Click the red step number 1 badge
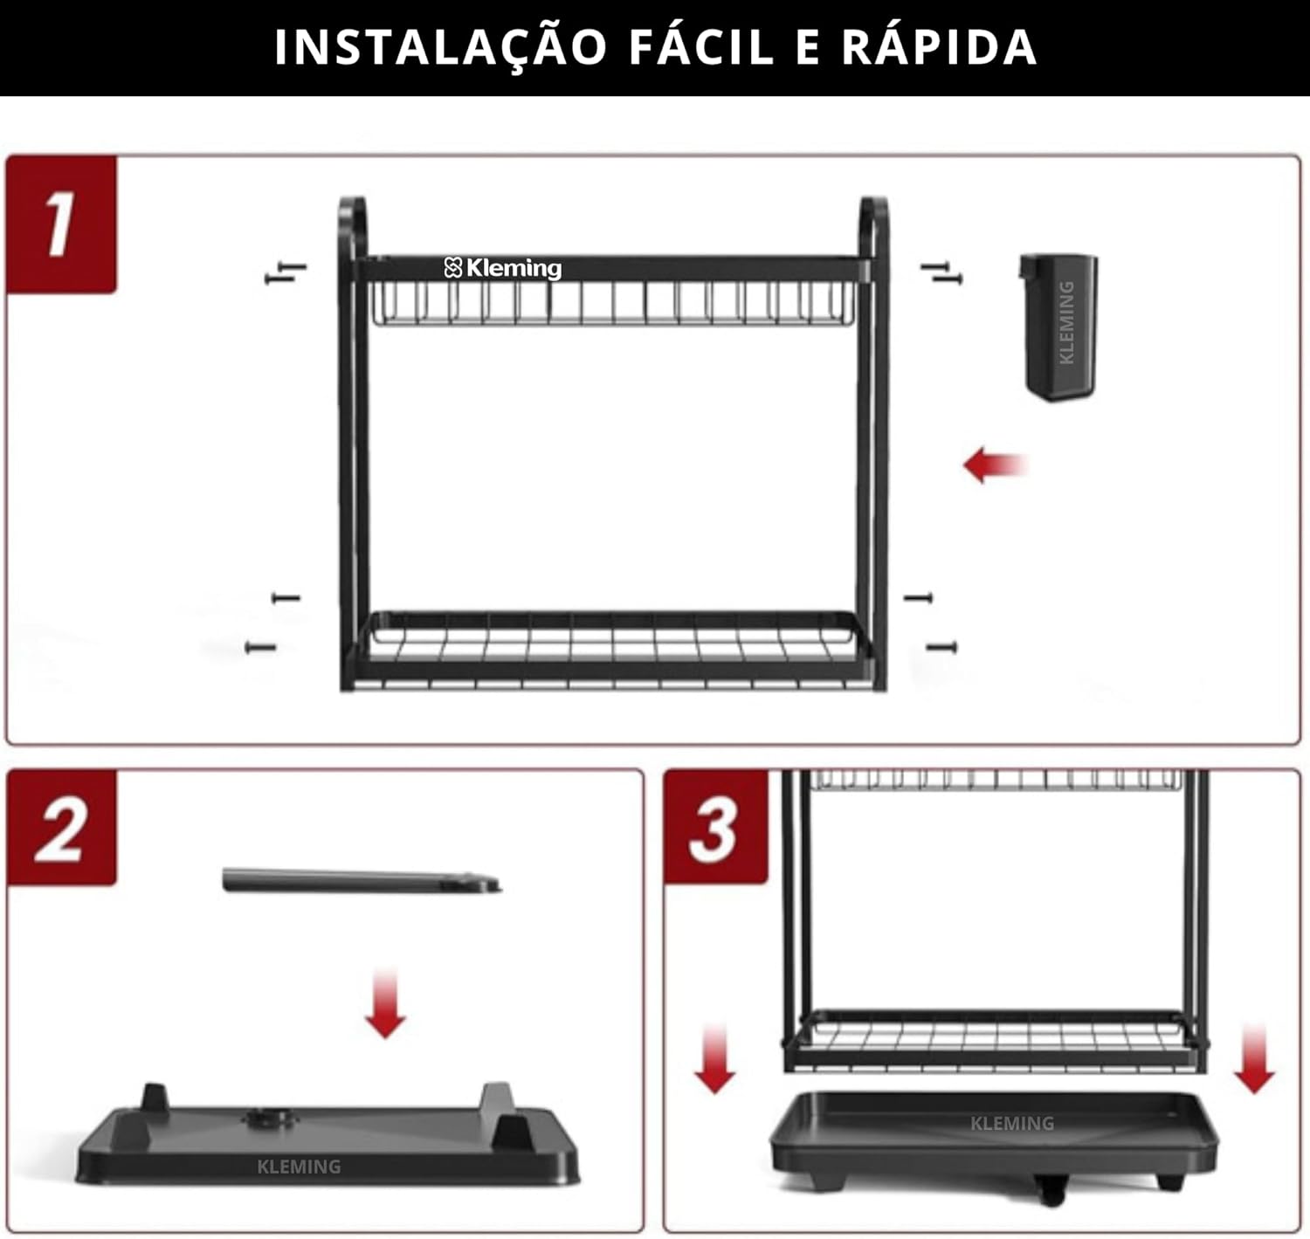(61, 224)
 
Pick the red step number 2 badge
(61, 828)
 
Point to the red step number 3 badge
(715, 828)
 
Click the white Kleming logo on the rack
(502, 268)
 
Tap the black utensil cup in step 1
(1058, 327)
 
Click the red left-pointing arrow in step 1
(996, 465)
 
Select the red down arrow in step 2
(386, 1004)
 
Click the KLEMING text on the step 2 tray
(300, 1167)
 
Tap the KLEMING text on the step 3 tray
(1012, 1124)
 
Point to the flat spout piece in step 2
(362, 881)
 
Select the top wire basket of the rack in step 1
(613, 303)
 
